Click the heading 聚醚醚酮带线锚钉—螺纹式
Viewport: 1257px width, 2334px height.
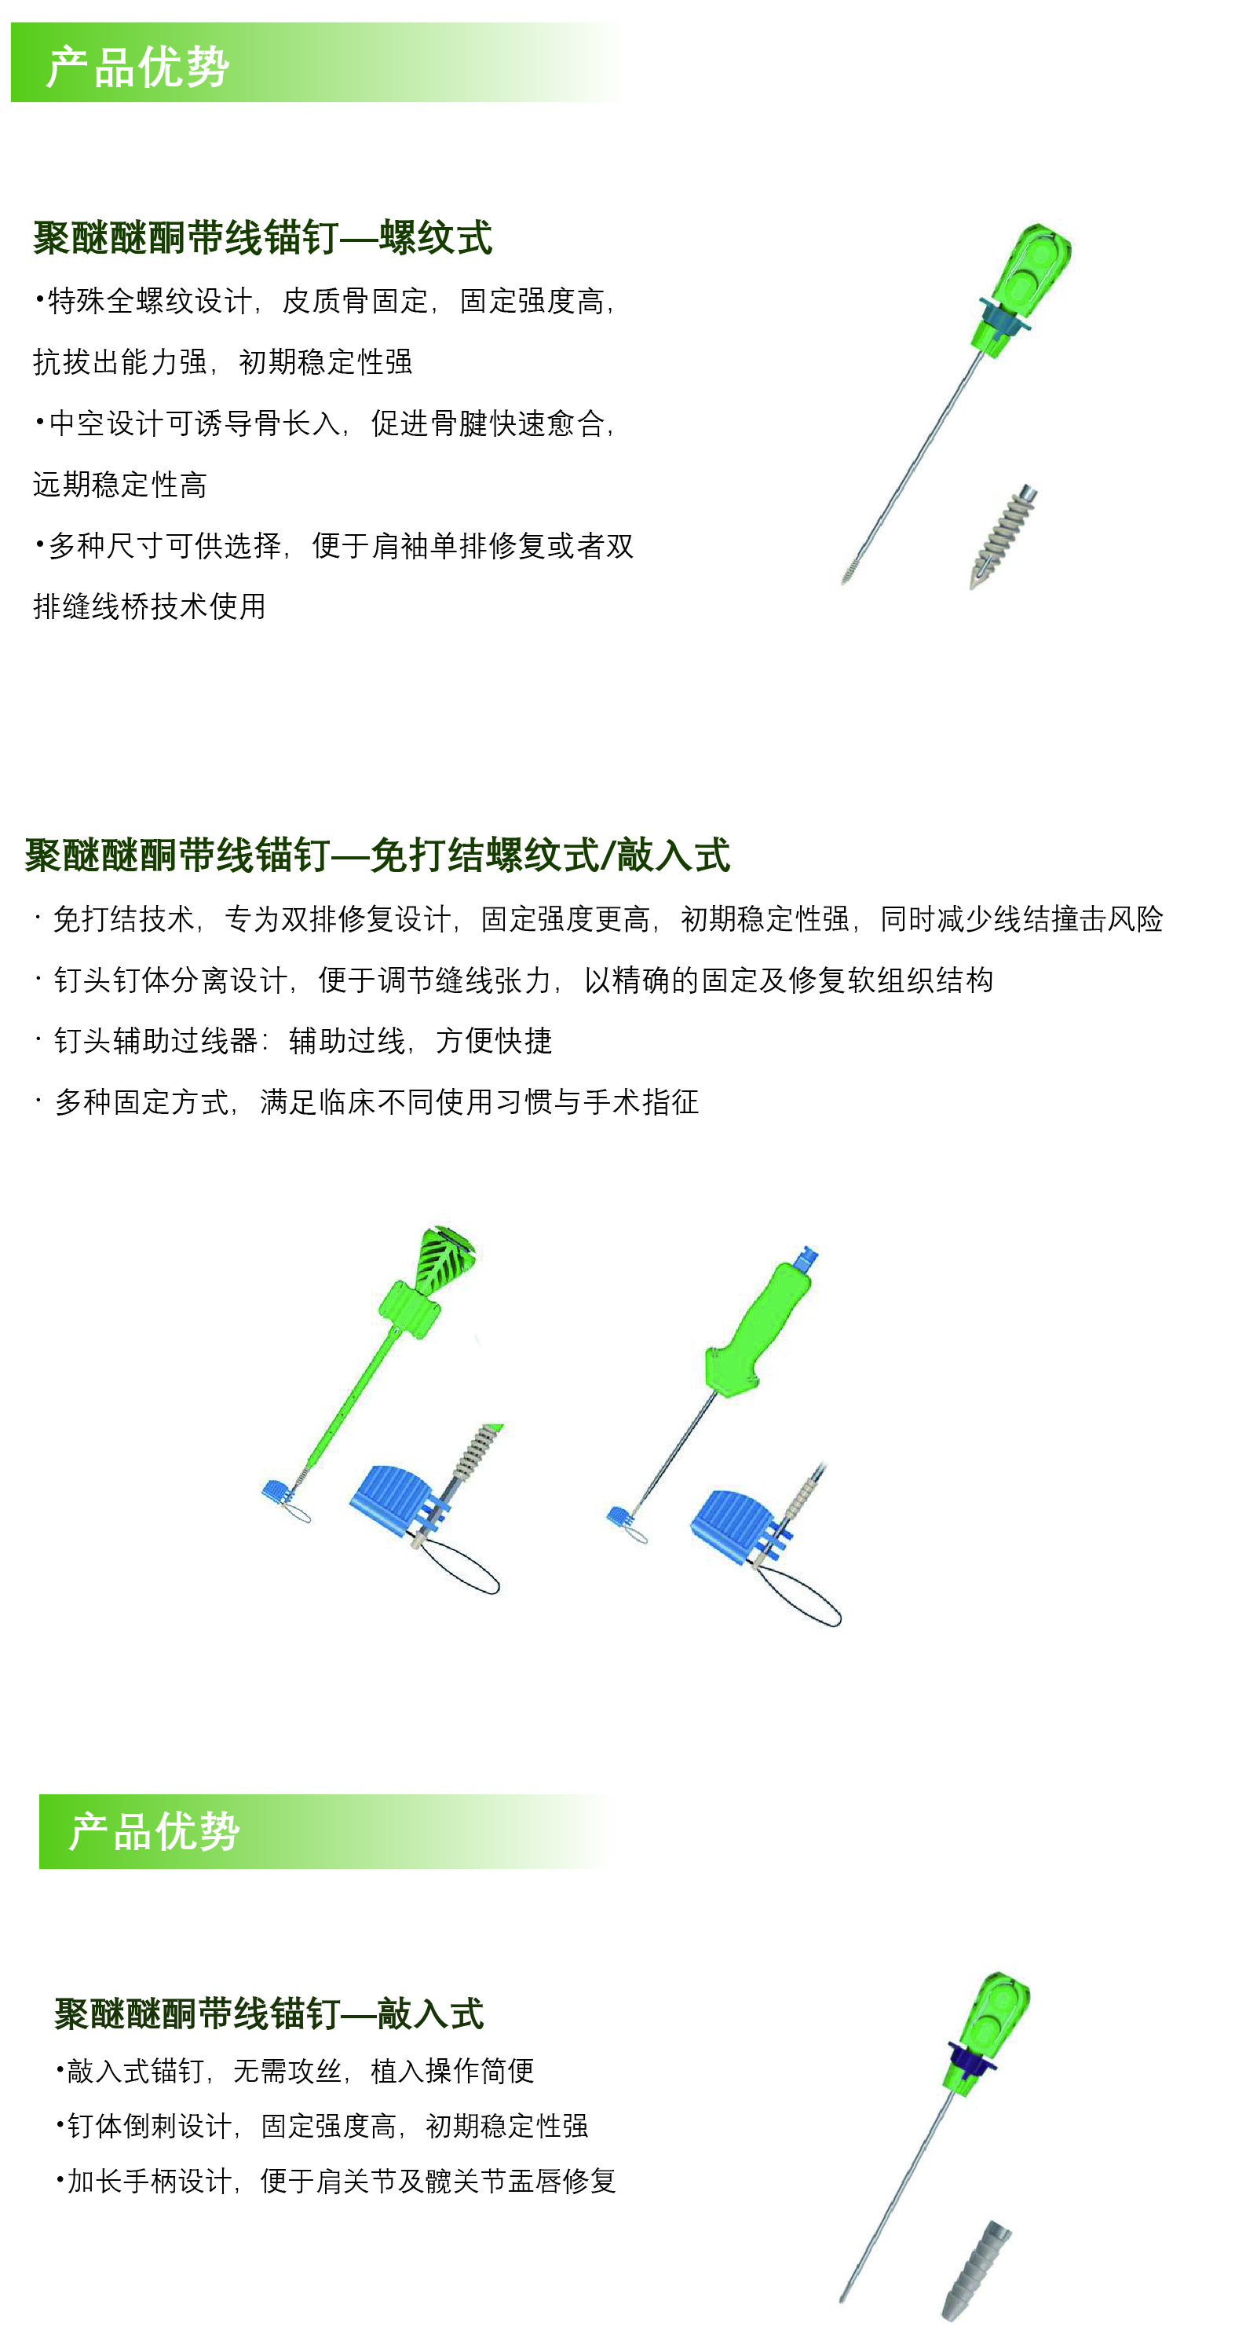(263, 237)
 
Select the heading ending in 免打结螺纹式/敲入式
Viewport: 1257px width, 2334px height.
(378, 856)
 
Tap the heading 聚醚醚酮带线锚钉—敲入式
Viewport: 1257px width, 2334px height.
(269, 2014)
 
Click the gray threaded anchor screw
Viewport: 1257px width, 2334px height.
(1003, 537)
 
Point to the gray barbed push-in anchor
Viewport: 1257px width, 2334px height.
(976, 2270)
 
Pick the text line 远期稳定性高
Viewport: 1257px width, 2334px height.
(119, 485)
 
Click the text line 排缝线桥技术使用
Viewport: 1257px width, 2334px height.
(149, 606)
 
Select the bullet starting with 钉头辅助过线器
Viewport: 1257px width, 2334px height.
(294, 1040)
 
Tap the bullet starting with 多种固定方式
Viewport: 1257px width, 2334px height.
(367, 1101)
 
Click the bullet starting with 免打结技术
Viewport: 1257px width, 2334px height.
(598, 918)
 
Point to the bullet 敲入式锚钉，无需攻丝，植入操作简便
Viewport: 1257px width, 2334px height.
(295, 2070)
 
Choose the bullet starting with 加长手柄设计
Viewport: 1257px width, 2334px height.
(336, 2181)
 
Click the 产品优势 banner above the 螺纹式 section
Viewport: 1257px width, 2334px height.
(317, 63)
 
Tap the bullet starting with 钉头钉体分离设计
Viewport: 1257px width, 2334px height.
(514, 980)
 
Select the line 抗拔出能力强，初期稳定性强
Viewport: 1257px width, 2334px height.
(223, 361)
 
